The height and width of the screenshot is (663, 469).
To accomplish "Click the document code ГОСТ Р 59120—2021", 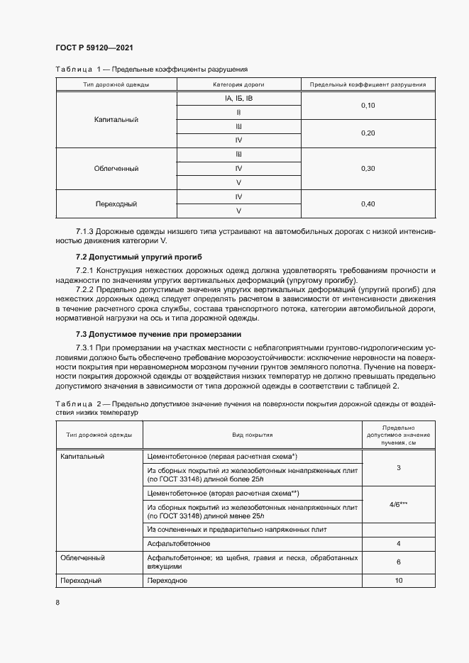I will pos(94,48).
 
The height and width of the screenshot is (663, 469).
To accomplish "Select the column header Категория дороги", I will pos(238,84).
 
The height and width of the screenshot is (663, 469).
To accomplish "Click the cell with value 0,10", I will pos(368,105).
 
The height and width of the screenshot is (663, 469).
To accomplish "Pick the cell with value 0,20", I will pos(368,133).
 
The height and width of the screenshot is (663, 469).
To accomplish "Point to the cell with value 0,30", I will pos(368,168).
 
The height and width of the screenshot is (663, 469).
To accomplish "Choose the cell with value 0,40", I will pos(368,204).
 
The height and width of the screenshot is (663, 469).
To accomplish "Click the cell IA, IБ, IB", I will pos(238,98).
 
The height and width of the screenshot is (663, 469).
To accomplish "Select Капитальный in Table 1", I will pos(116,119).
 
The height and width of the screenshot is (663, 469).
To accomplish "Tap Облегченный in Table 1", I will pos(116,168).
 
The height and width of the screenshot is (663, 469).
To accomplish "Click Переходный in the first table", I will pos(116,204).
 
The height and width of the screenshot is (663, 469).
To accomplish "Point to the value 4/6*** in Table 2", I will pos(399,504).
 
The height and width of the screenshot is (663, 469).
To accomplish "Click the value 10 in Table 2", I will pos(399,580).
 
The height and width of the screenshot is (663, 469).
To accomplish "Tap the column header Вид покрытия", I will pos(253,435).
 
